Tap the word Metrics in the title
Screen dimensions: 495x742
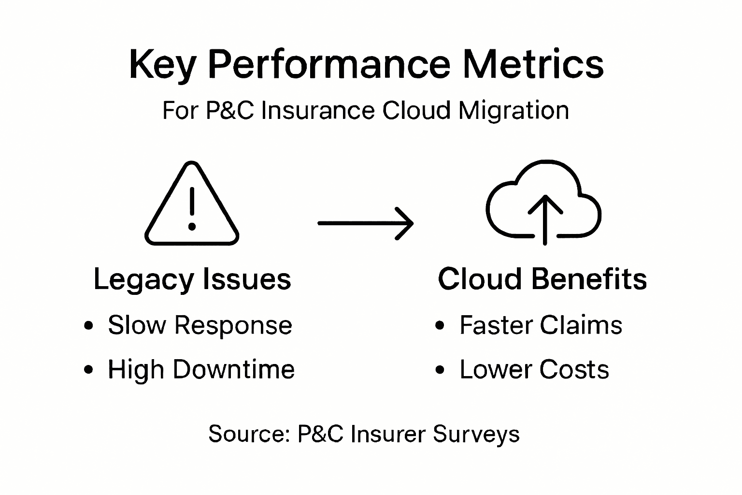tap(533, 64)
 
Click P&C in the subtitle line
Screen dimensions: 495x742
tap(229, 111)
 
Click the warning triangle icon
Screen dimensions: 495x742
tap(192, 205)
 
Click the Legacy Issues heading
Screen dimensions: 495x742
tap(192, 279)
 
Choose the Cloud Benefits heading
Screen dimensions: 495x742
tap(542, 279)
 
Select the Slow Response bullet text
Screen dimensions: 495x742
tap(200, 325)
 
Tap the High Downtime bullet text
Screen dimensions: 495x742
tap(201, 370)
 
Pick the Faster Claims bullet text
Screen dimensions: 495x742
tap(541, 325)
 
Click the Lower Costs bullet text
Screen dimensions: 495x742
tap(534, 370)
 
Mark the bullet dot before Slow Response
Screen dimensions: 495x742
tap(88, 326)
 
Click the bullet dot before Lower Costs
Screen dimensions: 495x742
tap(440, 371)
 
